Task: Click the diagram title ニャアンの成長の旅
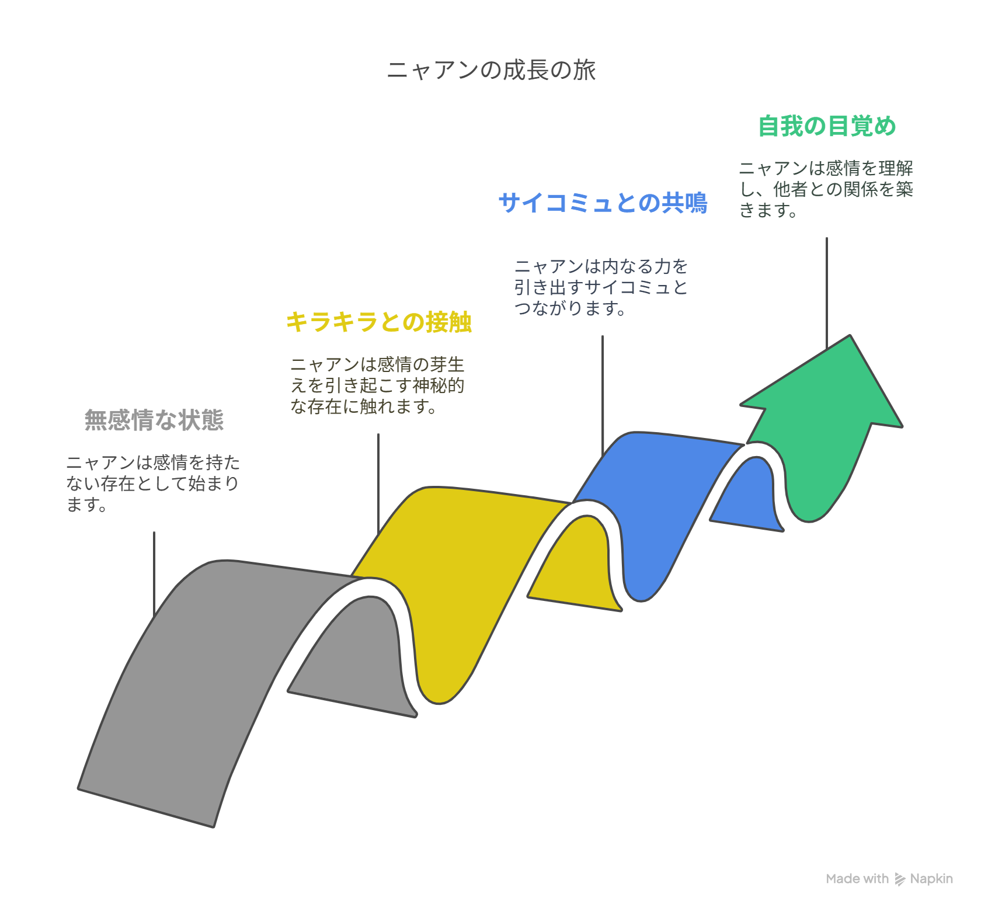coord(491,70)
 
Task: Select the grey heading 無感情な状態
coord(154,420)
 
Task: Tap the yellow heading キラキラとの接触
coord(378,322)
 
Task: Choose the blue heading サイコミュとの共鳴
coord(603,203)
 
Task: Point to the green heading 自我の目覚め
coord(827,126)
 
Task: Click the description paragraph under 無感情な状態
coord(153,484)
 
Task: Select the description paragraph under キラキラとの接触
coord(377,385)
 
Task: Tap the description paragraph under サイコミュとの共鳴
coord(601,287)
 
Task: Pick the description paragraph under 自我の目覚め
coord(826,189)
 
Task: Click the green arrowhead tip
coord(850,336)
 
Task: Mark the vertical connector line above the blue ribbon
coord(603,395)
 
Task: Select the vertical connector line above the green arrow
coord(827,293)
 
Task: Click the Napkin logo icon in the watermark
coord(900,879)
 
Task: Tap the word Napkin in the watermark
coord(931,879)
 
